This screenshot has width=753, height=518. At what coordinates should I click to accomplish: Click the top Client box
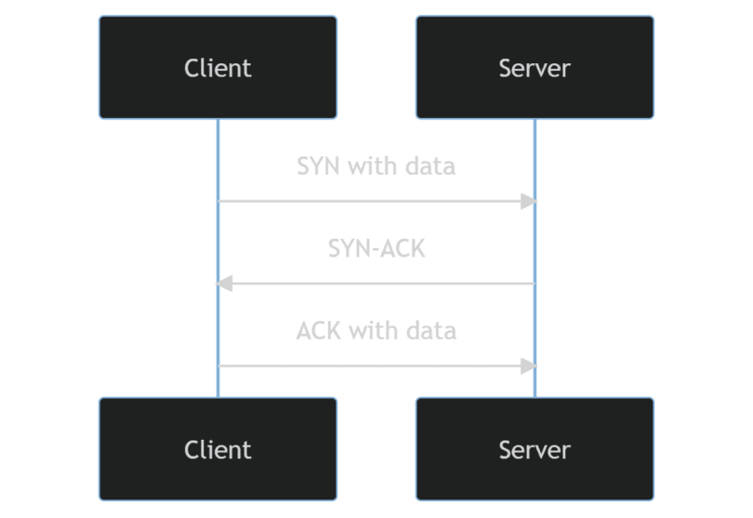click(x=218, y=67)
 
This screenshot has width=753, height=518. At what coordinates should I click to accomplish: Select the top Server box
click(x=535, y=67)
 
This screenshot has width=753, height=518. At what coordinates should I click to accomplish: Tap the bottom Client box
click(x=218, y=449)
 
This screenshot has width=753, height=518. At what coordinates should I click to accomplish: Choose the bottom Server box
click(x=535, y=449)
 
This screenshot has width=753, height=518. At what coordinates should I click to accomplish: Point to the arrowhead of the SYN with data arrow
click(x=528, y=201)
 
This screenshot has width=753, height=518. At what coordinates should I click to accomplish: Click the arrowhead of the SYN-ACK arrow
click(x=224, y=284)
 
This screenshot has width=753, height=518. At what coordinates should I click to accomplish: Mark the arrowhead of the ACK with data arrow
click(x=528, y=365)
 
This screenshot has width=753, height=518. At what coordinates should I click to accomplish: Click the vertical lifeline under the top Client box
click(x=218, y=242)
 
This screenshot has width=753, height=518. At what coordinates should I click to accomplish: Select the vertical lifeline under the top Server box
click(x=535, y=242)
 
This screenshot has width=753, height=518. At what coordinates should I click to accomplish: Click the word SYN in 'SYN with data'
click(x=318, y=166)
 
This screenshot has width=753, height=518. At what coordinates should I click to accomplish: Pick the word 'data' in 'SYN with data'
click(x=433, y=166)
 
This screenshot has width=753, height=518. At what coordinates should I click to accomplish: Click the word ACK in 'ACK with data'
click(x=318, y=331)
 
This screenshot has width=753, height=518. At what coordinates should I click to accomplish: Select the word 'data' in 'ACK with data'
click(x=433, y=331)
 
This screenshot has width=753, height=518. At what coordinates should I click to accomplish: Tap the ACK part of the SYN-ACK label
click(x=403, y=249)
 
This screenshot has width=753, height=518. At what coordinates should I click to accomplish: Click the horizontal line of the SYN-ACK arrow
click(x=376, y=284)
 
